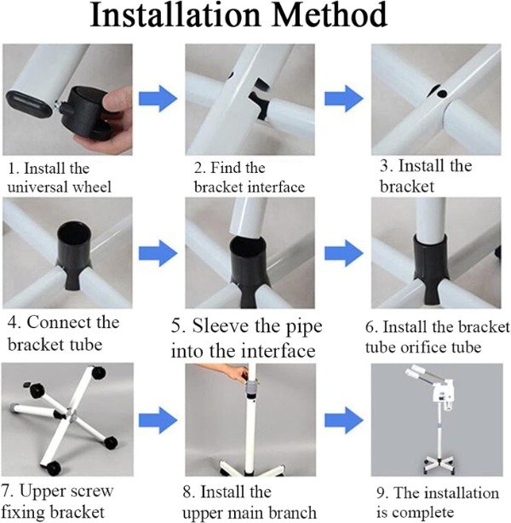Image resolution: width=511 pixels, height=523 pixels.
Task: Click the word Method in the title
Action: [330, 15]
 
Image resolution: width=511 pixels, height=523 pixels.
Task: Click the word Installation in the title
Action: [175, 15]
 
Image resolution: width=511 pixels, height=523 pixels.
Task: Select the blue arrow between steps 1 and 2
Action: [158, 99]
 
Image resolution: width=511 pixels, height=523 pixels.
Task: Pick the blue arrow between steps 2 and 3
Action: [344, 99]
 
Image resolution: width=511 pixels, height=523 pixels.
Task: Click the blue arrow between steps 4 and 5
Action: [158, 253]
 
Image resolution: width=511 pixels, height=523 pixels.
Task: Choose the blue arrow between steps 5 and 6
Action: [344, 253]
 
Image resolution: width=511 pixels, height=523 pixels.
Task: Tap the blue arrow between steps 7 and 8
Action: [158, 420]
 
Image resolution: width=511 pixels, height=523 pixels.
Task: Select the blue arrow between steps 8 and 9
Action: [344, 420]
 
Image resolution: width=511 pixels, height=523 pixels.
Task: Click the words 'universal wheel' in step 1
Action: [60, 187]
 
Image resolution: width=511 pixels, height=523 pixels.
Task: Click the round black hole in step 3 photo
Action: [442, 94]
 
